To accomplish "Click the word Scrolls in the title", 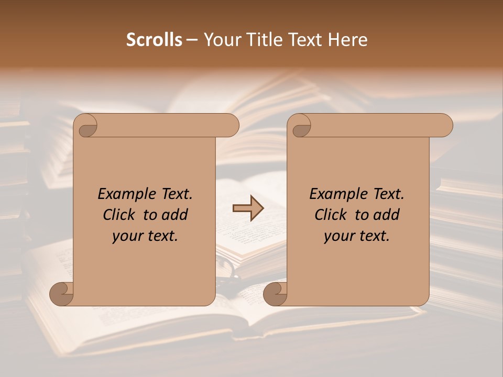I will coord(154,40).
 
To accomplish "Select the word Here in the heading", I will coord(349,40).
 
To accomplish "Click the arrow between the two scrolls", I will coord(248,208).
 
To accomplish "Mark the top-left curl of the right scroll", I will coord(301,126).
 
